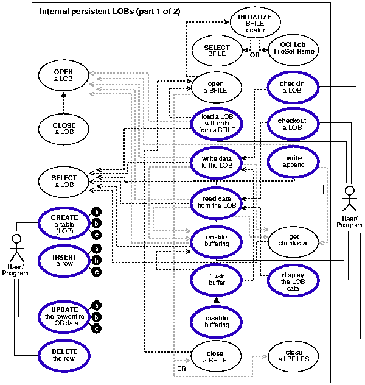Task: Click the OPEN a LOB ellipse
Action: (63, 76)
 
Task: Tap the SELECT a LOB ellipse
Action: (63, 181)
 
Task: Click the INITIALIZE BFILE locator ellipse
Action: (255, 24)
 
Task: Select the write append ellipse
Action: (292, 161)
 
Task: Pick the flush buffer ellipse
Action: (217, 280)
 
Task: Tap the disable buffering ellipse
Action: (217, 321)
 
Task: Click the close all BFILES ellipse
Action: (294, 356)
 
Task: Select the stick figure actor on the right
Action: (349, 199)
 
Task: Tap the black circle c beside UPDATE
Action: (96, 330)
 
